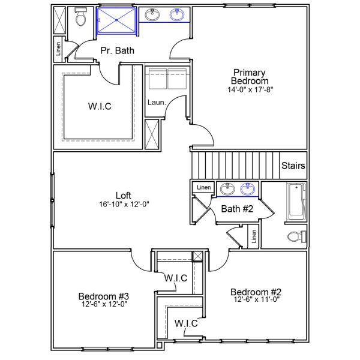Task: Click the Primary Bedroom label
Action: (250, 76)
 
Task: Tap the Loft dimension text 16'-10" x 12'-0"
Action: (124, 204)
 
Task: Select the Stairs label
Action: (293, 166)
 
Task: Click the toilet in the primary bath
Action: (81, 19)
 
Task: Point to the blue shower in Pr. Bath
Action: (117, 21)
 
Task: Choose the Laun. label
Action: (156, 103)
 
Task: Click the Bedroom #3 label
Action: (104, 296)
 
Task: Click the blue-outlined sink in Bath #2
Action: (248, 190)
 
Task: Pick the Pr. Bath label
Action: (117, 51)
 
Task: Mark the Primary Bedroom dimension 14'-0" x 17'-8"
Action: (250, 90)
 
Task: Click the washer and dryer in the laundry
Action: (169, 79)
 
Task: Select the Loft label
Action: (123, 195)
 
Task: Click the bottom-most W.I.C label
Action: (186, 324)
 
